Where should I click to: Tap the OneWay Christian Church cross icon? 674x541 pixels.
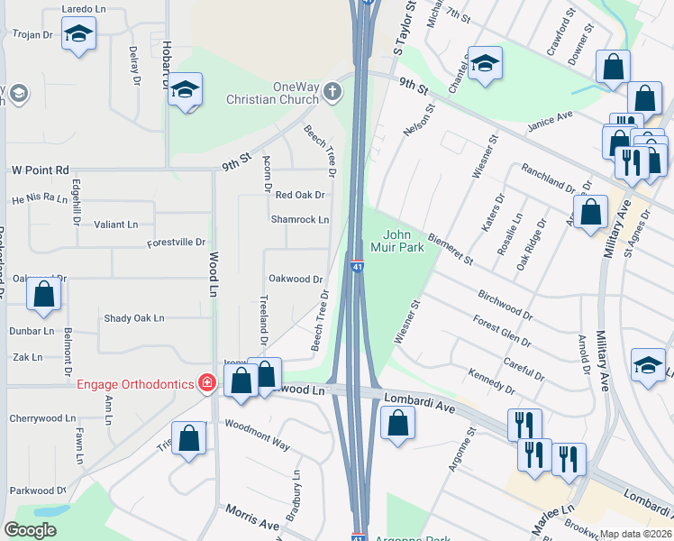[x=333, y=91]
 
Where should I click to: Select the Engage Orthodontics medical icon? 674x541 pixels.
[x=207, y=384]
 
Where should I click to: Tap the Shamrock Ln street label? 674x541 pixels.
[x=300, y=219]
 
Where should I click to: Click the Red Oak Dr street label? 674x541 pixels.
[x=299, y=195]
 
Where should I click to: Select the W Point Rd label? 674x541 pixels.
[x=40, y=170]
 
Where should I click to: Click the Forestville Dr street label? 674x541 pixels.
[x=177, y=243]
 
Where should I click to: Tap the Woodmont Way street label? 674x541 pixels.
[x=257, y=435]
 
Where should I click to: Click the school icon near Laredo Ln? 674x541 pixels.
[x=78, y=34]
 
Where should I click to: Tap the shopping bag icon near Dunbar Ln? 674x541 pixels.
[x=43, y=294]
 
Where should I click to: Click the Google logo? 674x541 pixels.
[x=31, y=529]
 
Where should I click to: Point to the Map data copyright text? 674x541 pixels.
[x=634, y=534]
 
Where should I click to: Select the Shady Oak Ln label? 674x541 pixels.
[x=134, y=317]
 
